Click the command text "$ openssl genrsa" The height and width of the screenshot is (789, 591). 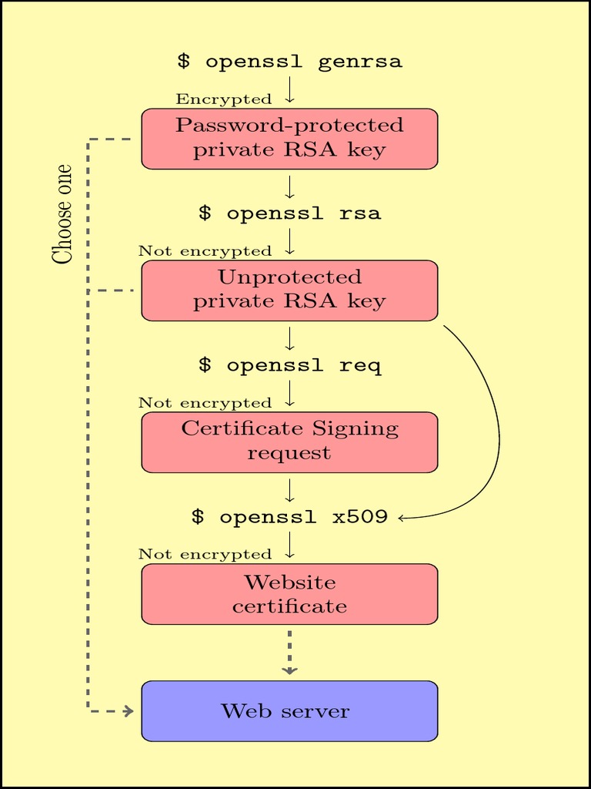pyautogui.click(x=289, y=62)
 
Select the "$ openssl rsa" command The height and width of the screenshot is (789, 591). pyautogui.click(x=289, y=213)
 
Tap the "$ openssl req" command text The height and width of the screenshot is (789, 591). pyautogui.click(x=289, y=365)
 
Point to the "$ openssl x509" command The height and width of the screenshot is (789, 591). pyautogui.click(x=289, y=517)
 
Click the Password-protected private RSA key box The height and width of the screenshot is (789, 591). pyautogui.click(x=289, y=138)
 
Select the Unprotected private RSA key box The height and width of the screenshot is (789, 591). pyautogui.click(x=289, y=290)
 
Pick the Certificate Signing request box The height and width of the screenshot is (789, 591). pyautogui.click(x=289, y=442)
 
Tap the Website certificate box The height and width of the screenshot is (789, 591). pyautogui.click(x=289, y=593)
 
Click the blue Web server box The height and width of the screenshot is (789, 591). pyautogui.click(x=289, y=710)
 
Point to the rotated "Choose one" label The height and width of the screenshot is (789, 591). pyautogui.click(x=62, y=214)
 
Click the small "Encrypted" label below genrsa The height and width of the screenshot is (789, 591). pyautogui.click(x=224, y=99)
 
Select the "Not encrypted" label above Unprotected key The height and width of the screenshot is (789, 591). pyautogui.click(x=205, y=251)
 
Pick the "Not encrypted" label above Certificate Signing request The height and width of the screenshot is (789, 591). pyautogui.click(x=205, y=403)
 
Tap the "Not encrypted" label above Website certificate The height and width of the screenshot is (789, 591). pyautogui.click(x=205, y=555)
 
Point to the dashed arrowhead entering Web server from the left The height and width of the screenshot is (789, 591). pyautogui.click(x=128, y=710)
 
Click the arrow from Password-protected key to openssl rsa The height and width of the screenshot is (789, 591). pyautogui.click(x=289, y=187)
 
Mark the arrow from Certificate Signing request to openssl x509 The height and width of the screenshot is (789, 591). pyautogui.click(x=289, y=491)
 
